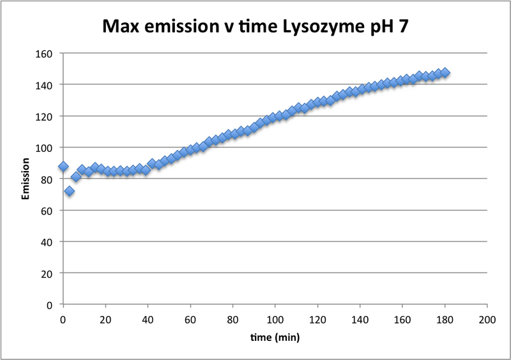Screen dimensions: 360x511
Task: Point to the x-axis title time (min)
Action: tap(275, 335)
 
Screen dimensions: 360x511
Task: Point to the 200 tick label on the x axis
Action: tap(487, 318)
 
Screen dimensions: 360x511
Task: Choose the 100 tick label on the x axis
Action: tap(275, 318)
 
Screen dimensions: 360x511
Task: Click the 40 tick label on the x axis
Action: tap(148, 318)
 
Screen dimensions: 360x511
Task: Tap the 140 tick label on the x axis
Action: tap(360, 318)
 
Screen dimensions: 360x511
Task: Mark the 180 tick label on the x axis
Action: tap(445, 318)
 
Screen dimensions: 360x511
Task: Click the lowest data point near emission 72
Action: tap(69, 191)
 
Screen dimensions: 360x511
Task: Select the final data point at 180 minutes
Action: tap(445, 73)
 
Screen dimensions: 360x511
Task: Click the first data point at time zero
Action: tap(63, 167)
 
